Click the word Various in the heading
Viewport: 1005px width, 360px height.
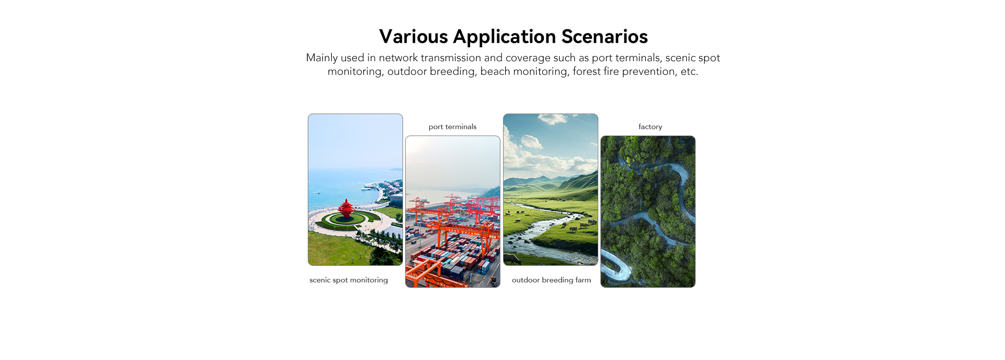pyautogui.click(x=414, y=37)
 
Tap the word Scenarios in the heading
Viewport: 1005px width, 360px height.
pyautogui.click(x=605, y=37)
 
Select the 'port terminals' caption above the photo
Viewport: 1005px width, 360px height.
pyautogui.click(x=453, y=127)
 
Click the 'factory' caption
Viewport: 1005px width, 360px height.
pyautogui.click(x=650, y=127)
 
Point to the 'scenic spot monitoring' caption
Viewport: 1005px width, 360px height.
pyautogui.click(x=349, y=280)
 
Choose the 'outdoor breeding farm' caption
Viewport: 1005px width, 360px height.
pyautogui.click(x=551, y=280)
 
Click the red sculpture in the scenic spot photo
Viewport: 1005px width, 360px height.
pyautogui.click(x=346, y=209)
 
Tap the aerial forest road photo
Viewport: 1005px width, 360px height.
pyautogui.click(x=648, y=211)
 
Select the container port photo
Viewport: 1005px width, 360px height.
pyautogui.click(x=453, y=211)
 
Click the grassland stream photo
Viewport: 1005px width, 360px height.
pyautogui.click(x=551, y=189)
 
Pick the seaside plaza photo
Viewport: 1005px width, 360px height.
pyautogui.click(x=355, y=189)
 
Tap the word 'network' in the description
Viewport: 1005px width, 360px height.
pyautogui.click(x=398, y=58)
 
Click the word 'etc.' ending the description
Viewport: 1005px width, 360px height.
pyautogui.click(x=689, y=72)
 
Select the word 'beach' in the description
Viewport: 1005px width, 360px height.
pyautogui.click(x=495, y=71)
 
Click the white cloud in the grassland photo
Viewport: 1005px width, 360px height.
pyautogui.click(x=531, y=141)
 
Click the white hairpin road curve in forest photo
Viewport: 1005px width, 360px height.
pyautogui.click(x=618, y=267)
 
